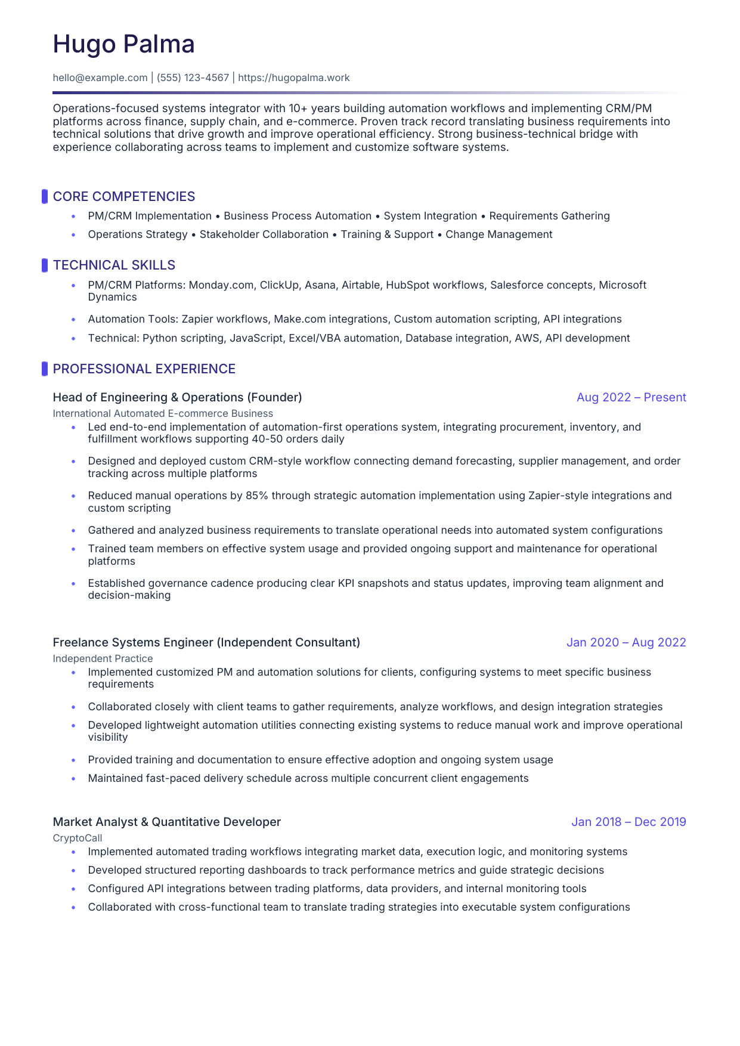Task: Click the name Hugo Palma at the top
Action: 123,44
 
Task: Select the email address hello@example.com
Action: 100,78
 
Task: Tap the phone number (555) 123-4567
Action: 193,78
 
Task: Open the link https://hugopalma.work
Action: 293,78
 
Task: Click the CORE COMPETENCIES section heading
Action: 123,197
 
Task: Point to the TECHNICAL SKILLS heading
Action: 114,265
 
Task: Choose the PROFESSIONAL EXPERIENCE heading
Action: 144,369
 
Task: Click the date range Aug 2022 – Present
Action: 631,397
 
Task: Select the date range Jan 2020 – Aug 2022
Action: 626,642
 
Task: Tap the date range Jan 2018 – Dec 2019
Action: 628,822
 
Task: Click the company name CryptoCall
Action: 78,838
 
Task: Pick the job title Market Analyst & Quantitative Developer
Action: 166,822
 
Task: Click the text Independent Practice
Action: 103,658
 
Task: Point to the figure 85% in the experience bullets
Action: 255,496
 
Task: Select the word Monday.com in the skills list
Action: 221,285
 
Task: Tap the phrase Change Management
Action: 499,234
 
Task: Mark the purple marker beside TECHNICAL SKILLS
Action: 44,265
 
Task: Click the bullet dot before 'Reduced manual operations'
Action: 73,496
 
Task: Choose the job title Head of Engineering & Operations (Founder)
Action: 177,397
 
